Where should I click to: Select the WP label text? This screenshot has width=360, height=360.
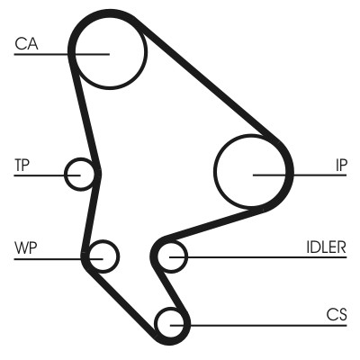[x=24, y=246]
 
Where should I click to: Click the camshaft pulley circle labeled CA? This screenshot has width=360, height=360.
[x=109, y=52]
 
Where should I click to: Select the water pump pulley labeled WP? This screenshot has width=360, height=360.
[x=103, y=257]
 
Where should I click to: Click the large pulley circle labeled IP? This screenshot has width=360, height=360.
[x=253, y=172]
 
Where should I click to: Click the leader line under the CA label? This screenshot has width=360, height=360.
[x=45, y=53]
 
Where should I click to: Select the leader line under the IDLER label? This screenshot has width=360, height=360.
[x=270, y=257]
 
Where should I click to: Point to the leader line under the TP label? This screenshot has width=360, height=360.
[x=40, y=174]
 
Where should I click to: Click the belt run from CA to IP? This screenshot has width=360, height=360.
[x=216, y=90]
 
